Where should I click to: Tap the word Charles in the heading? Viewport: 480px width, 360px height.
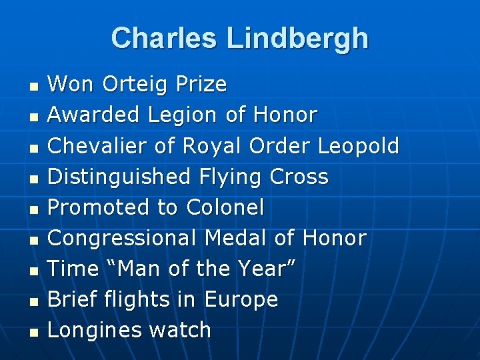(x=166, y=38)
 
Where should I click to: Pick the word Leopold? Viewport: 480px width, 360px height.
(x=359, y=146)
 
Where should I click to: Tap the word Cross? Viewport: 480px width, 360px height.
(x=299, y=177)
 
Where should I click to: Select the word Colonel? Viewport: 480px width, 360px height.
(x=225, y=207)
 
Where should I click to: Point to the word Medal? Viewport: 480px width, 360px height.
(x=237, y=238)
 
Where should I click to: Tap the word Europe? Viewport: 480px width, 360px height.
(x=241, y=299)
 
